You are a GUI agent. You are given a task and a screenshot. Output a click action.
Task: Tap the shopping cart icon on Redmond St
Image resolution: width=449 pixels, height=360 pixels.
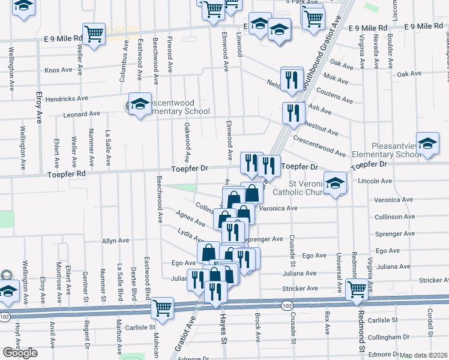point(357,289)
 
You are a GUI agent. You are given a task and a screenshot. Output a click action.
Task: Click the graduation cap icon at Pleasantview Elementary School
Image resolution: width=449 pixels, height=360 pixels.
point(427,144)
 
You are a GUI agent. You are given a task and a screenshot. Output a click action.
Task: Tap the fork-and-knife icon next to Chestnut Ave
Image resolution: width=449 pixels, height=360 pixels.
point(293,112)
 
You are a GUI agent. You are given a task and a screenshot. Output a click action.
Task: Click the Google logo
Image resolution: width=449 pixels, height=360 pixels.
point(20,353)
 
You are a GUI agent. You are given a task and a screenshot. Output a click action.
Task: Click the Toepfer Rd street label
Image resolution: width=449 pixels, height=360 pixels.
point(67,175)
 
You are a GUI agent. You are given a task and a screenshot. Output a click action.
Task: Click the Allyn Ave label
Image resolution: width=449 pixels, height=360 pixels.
point(115,241)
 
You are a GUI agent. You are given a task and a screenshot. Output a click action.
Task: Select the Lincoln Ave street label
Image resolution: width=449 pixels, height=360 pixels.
point(374,181)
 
